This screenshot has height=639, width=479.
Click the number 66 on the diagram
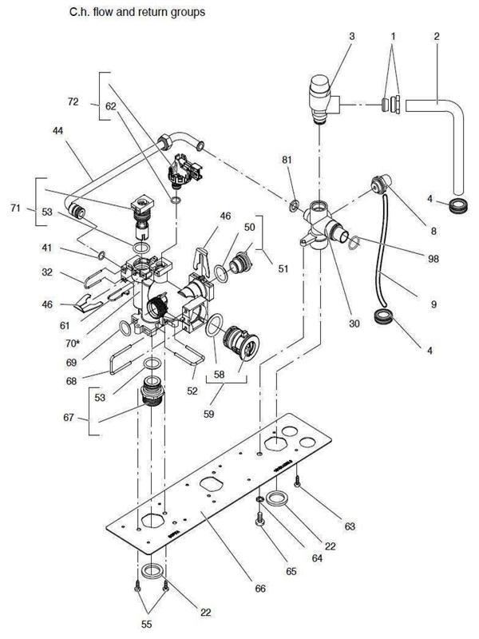tap(259, 588)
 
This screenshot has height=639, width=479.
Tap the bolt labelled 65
tap(258, 518)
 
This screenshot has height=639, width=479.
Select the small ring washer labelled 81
tap(294, 207)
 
